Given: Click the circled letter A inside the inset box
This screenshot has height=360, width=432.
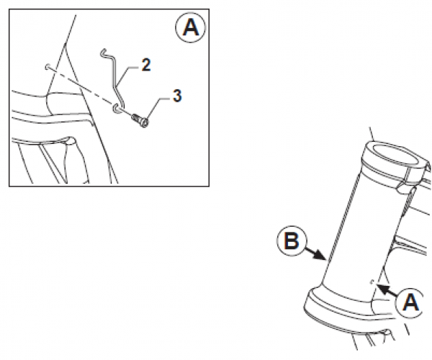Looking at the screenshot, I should click(x=190, y=28).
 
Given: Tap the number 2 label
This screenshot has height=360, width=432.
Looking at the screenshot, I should click(x=146, y=65).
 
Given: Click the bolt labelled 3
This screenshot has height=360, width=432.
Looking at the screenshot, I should click(x=139, y=120).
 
